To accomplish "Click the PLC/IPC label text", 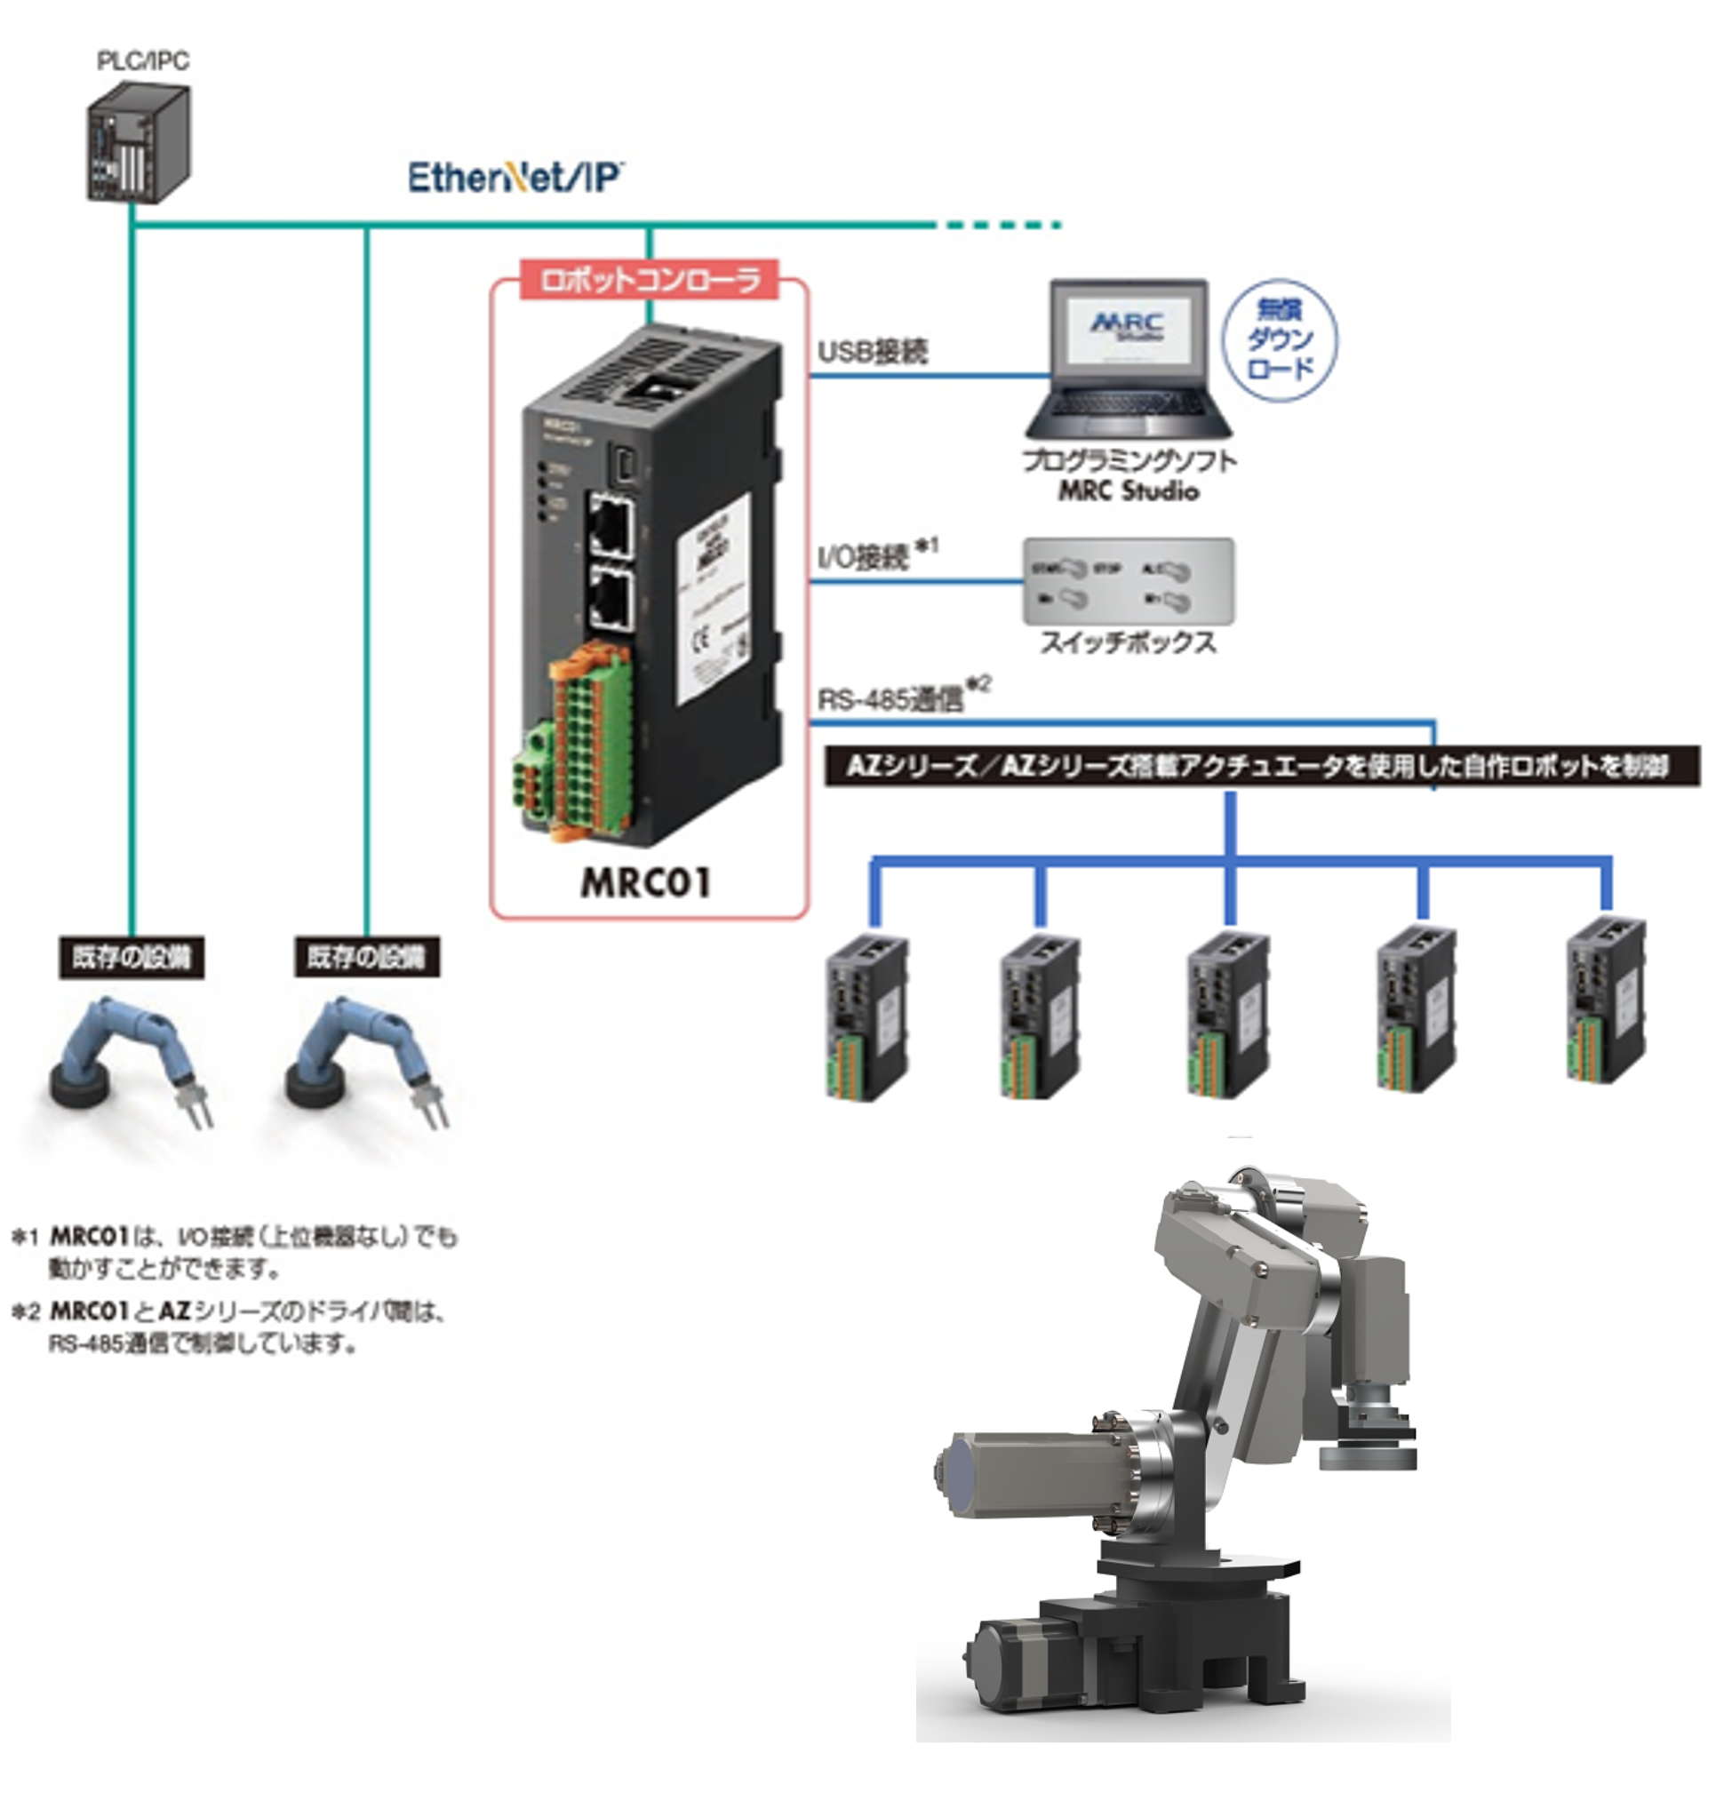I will [143, 60].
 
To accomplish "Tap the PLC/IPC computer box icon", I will [138, 142].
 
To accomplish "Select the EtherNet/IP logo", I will [515, 178].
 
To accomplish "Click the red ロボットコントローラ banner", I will [650, 280].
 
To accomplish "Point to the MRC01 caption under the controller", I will [646, 882].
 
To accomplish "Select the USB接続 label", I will [872, 351].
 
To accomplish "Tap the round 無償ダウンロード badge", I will [1279, 340].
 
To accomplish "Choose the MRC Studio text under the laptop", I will [1128, 491].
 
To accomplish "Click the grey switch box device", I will [1128, 582].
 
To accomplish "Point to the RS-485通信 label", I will [890, 699].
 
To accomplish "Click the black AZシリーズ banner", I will [1261, 766].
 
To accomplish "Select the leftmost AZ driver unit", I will [866, 1016].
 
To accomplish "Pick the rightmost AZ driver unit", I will [1606, 1001].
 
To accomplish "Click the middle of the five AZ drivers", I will [1228, 1015].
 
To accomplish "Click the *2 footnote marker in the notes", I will [26, 1311].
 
